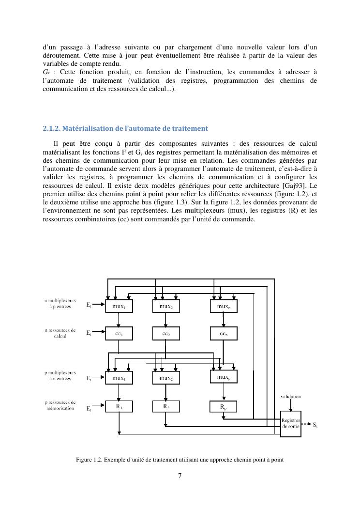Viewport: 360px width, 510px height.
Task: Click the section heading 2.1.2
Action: (x=125, y=128)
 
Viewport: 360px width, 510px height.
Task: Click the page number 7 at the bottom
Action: (x=180, y=476)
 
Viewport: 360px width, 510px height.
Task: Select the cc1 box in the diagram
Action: (x=119, y=333)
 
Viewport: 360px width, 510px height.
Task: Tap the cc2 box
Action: (x=166, y=333)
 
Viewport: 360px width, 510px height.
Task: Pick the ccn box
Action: (x=224, y=333)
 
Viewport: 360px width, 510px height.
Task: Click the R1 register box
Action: (x=119, y=407)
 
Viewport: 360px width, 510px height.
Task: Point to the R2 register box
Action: (x=166, y=407)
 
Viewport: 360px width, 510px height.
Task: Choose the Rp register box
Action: (x=224, y=407)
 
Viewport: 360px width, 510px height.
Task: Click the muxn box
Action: (x=224, y=306)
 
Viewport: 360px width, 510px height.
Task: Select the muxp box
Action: (x=224, y=376)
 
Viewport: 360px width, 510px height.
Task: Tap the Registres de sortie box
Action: (x=291, y=423)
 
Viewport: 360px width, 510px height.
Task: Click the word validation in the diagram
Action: (x=291, y=396)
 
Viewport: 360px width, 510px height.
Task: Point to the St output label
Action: (x=315, y=425)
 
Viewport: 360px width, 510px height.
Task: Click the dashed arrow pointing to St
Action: (x=305, y=424)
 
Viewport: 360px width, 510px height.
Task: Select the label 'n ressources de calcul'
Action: (x=60, y=333)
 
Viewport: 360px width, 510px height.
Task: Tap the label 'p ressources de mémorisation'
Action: (x=60, y=405)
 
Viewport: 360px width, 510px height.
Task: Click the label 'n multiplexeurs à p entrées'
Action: (x=60, y=304)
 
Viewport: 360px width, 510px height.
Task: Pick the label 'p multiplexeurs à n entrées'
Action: (x=60, y=376)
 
